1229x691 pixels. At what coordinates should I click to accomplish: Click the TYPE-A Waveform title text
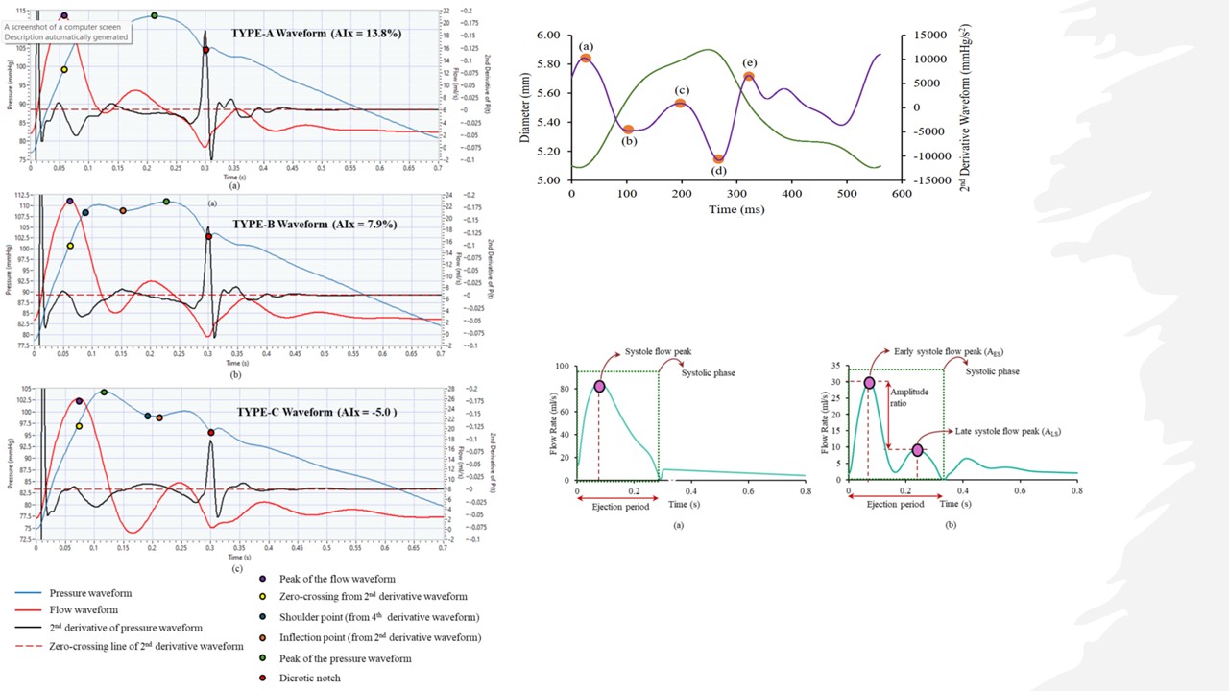tap(316, 33)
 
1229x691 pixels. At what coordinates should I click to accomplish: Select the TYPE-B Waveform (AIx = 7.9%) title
tap(315, 225)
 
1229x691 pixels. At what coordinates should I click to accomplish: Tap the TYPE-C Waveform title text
tap(317, 413)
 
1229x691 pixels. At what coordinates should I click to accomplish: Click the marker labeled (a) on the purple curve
tap(586, 59)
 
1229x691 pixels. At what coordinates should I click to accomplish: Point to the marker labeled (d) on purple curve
tap(718, 159)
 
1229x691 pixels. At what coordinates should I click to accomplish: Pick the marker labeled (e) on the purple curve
tap(749, 77)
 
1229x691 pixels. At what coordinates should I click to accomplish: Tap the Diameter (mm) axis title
tap(525, 107)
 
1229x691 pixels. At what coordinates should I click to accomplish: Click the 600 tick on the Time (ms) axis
tap(901, 195)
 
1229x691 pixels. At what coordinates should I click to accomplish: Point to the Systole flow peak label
tap(659, 352)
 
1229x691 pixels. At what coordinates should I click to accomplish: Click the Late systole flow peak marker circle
tap(917, 450)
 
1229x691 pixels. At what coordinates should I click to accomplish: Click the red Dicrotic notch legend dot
tap(264, 679)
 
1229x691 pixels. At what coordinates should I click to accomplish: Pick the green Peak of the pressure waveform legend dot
tap(264, 658)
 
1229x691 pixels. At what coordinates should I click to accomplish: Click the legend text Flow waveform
tap(84, 610)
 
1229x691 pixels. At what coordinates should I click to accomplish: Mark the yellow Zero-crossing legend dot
tap(264, 597)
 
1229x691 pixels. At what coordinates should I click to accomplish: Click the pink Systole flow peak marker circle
tap(599, 387)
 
